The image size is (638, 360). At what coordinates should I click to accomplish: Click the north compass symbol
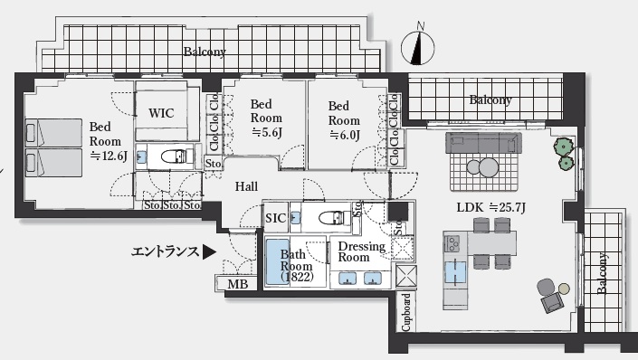click(418, 47)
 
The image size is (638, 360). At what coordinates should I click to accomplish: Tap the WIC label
click(161, 113)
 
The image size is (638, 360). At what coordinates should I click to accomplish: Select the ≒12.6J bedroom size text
click(109, 156)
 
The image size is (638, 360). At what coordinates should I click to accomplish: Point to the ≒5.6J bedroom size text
click(267, 132)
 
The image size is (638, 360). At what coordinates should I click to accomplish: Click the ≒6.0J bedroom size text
click(345, 135)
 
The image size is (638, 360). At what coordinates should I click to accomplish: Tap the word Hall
click(246, 186)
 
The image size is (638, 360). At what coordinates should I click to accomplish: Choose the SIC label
click(275, 218)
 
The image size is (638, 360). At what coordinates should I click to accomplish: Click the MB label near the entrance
click(238, 284)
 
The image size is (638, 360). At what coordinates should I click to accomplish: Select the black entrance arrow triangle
click(209, 252)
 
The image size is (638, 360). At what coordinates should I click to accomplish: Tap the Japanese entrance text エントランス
click(166, 252)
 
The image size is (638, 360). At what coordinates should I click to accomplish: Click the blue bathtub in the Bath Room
click(278, 262)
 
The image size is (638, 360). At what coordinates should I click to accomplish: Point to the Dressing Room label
click(361, 251)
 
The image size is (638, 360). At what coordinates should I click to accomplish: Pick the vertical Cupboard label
click(406, 312)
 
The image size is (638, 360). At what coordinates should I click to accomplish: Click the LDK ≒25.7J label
click(491, 208)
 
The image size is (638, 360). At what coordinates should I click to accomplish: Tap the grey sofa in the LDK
click(484, 143)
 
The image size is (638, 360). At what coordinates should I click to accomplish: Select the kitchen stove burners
click(452, 243)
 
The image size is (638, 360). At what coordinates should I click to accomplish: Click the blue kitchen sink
click(455, 271)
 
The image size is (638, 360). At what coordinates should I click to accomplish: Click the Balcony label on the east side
click(602, 273)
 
